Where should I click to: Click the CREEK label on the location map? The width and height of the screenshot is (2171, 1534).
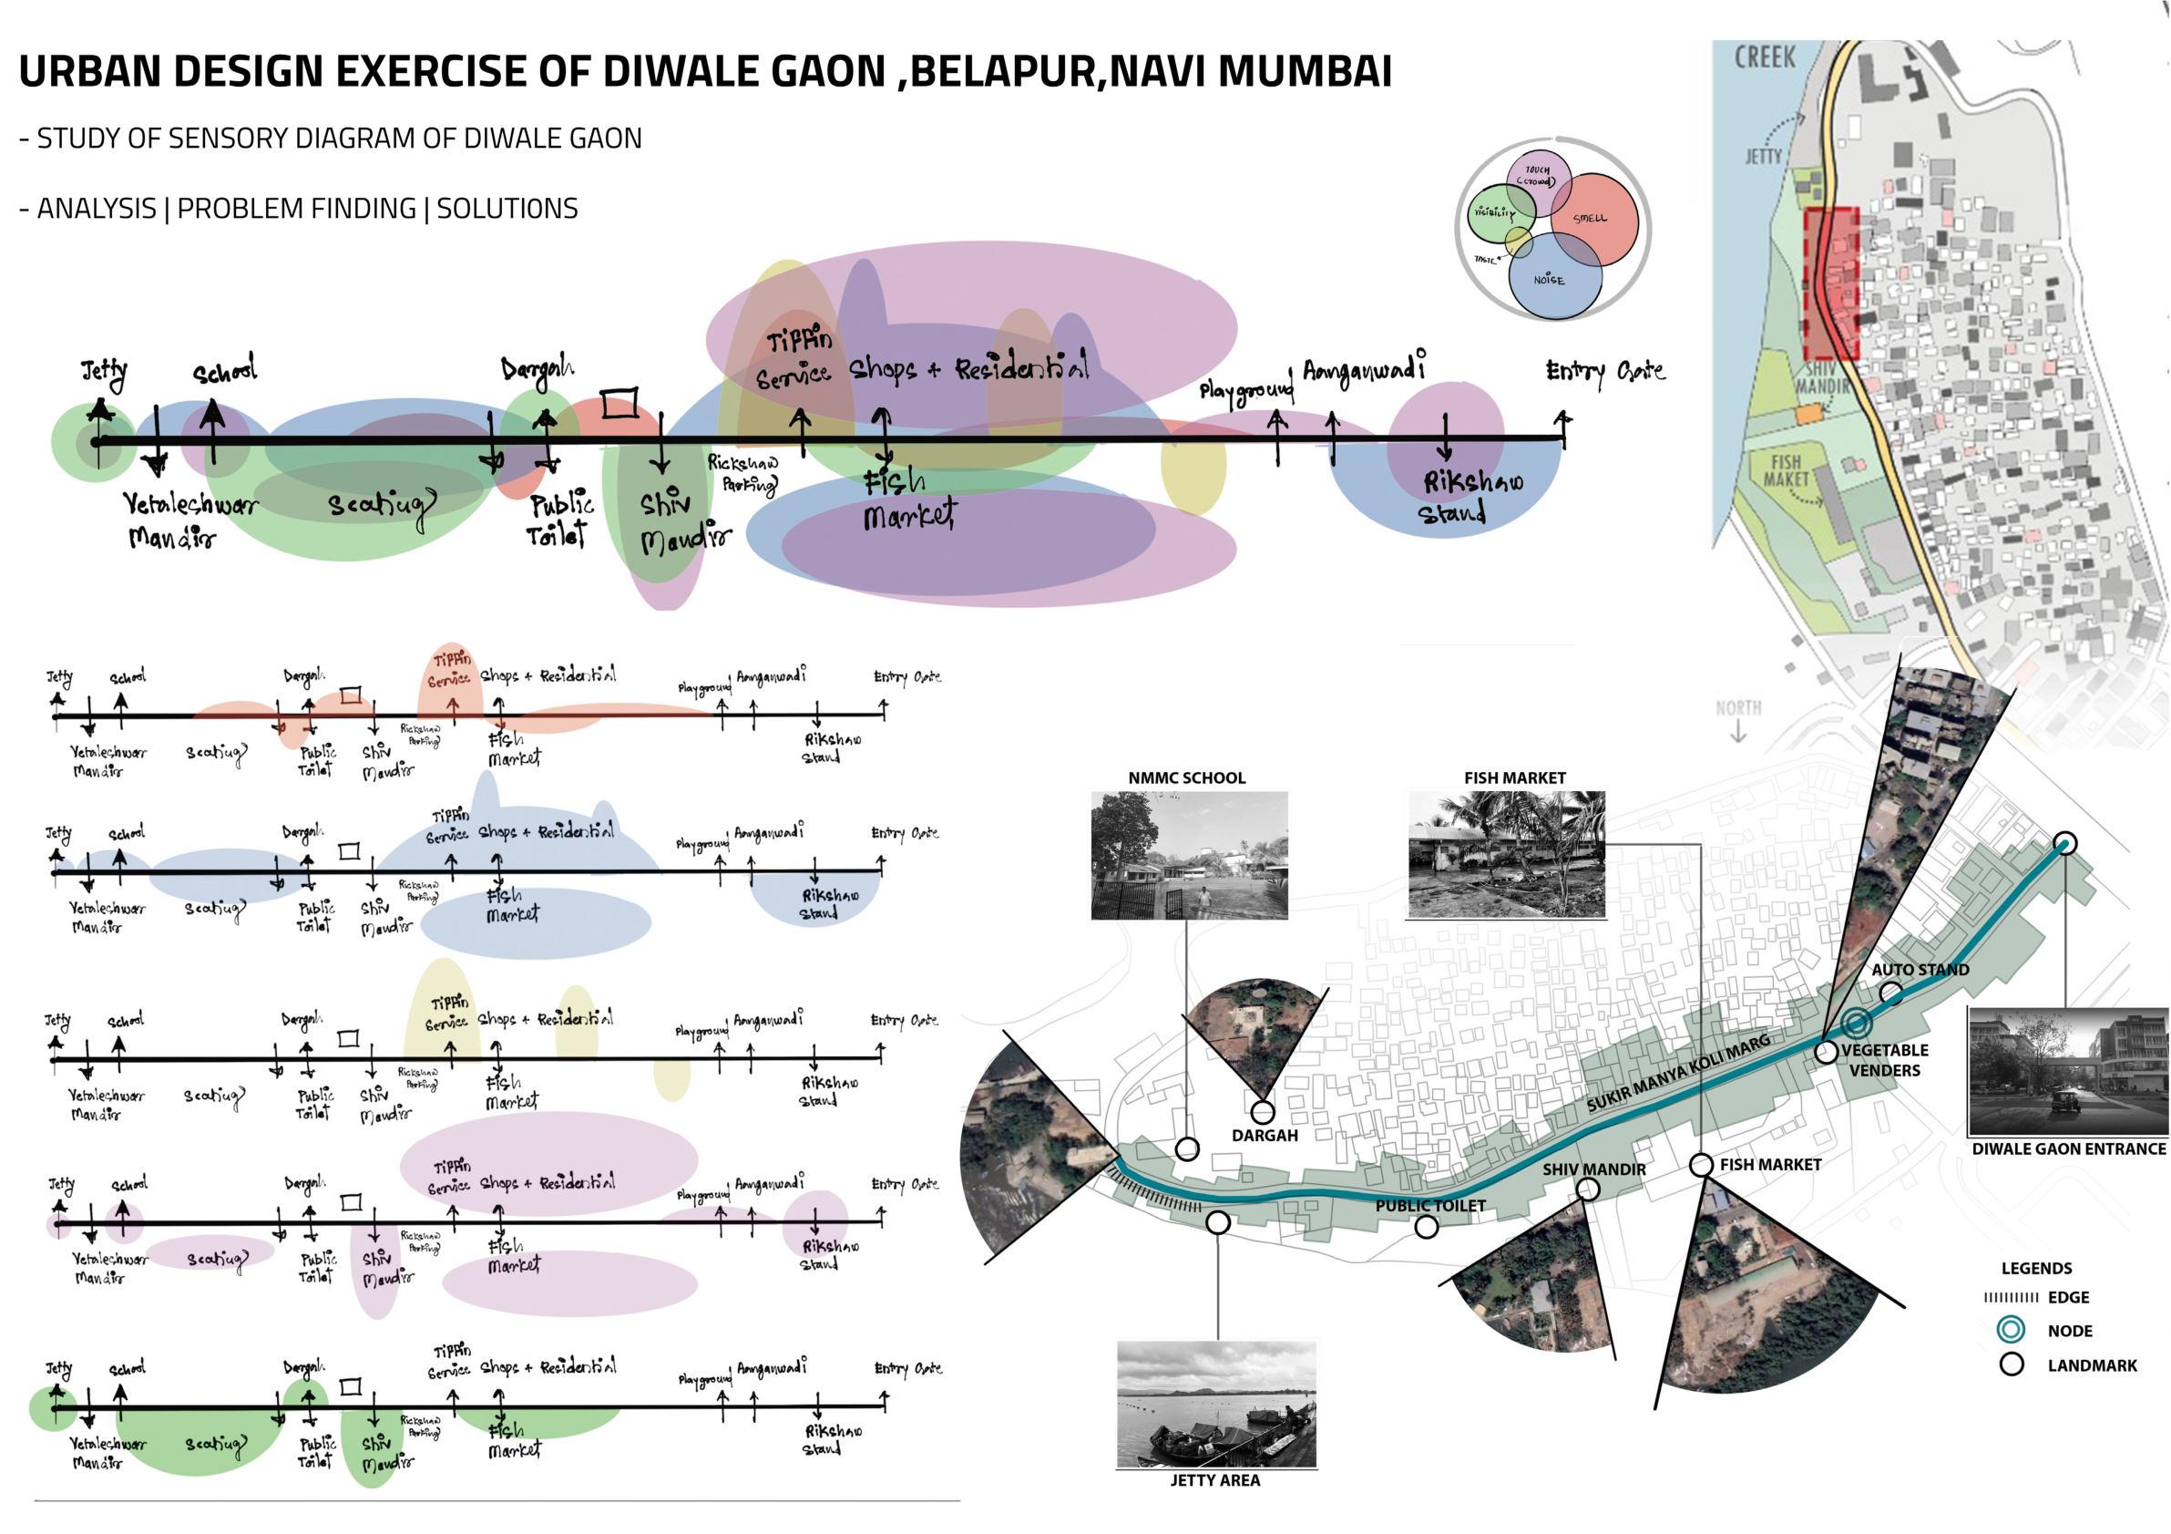(1765, 58)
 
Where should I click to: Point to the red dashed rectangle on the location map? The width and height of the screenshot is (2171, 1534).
(1831, 283)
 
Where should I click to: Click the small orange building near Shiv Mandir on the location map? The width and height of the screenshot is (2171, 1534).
(1807, 413)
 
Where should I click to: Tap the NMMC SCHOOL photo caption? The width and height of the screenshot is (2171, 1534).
(1187, 778)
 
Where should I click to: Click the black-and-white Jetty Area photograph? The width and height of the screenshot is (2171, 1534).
(1216, 1405)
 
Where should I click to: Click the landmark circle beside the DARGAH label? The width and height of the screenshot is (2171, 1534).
(1263, 1112)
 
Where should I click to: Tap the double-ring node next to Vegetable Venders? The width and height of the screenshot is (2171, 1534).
(1856, 1024)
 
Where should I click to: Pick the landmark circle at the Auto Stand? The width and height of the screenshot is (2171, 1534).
(1891, 993)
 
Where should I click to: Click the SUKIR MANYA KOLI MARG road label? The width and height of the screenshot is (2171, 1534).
(1677, 1074)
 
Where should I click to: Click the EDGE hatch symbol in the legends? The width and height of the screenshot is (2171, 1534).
(2011, 1298)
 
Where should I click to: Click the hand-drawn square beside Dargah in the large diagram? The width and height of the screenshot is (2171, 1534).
(620, 404)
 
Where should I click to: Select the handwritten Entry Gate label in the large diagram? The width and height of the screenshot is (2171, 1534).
(1604, 372)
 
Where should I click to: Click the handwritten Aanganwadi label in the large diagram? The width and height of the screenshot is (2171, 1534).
(1364, 368)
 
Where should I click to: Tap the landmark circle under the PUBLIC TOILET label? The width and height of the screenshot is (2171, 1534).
(1427, 1228)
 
